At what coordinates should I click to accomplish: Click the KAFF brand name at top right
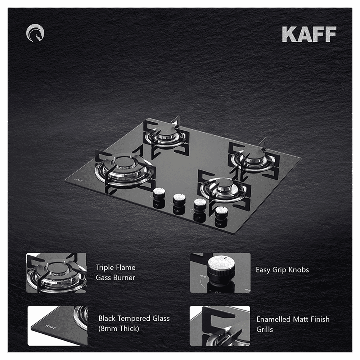(309, 34)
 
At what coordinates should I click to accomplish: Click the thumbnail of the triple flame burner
(56, 273)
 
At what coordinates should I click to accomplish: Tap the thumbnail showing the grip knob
(220, 273)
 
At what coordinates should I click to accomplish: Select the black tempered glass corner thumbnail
(58, 325)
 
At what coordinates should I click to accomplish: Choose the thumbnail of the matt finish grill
(220, 325)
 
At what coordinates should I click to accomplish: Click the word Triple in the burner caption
(105, 267)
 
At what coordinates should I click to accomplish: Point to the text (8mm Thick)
(118, 329)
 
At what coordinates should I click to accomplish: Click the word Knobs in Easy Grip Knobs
(297, 270)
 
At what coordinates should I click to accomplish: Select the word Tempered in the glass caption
(136, 319)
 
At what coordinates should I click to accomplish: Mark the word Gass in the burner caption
(104, 278)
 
